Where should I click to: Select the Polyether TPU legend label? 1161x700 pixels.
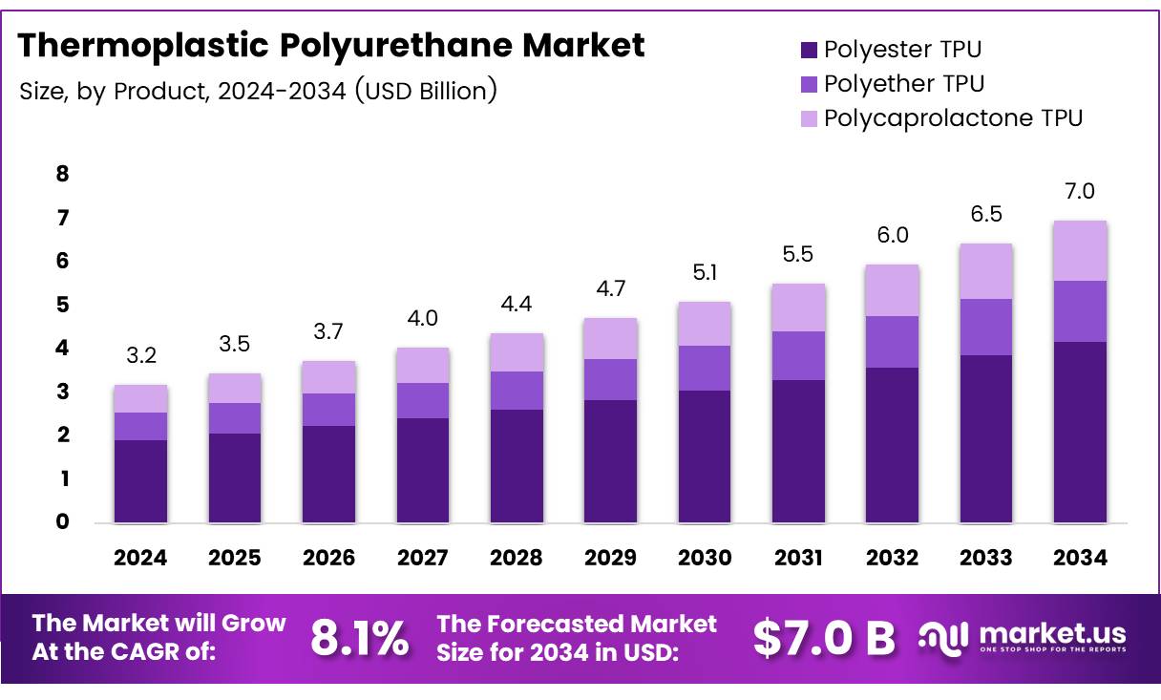[903, 84]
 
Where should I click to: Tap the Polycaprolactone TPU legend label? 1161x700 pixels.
[953, 118]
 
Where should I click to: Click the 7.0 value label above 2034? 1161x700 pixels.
[1080, 192]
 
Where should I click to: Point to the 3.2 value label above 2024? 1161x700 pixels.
[141, 356]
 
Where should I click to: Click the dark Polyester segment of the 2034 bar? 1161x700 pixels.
[1080, 432]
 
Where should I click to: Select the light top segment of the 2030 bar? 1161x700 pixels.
[705, 324]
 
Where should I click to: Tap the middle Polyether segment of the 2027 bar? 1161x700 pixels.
[423, 400]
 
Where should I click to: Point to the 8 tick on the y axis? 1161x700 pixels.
[62, 174]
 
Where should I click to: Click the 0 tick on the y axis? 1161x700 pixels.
[62, 522]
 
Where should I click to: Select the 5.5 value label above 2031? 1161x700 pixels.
[798, 255]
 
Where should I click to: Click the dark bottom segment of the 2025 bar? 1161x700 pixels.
[235, 477]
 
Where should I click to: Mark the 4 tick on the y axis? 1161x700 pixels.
[62, 349]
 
